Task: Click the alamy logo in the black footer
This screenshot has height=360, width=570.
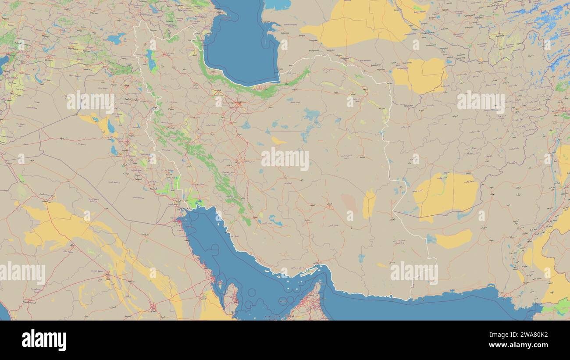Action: (x=44, y=340)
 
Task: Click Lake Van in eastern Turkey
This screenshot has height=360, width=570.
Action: (x=116, y=38)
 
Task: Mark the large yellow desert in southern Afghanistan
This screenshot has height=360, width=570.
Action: (x=445, y=193)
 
